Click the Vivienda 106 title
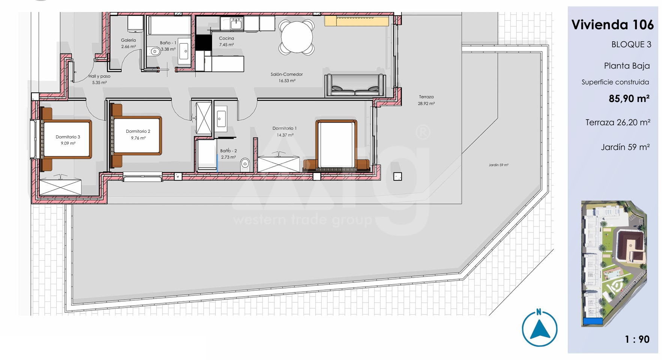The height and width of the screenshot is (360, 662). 612,25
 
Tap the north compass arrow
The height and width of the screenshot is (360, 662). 540,329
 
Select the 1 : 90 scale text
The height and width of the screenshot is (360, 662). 637,339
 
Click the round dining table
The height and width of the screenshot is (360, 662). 296,37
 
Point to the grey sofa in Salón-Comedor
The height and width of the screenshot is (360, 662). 355,85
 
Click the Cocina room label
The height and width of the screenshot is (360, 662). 226,38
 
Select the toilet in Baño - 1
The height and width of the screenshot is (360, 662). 154,51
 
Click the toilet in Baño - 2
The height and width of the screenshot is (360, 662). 245,163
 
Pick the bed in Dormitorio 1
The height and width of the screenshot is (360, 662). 337,145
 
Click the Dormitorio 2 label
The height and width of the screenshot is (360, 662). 138,131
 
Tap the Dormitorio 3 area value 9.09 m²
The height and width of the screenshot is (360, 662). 68,143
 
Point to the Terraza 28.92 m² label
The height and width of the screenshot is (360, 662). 426,100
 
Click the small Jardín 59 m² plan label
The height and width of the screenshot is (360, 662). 498,165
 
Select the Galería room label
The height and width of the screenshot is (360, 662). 128,40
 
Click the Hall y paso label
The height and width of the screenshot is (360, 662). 99,76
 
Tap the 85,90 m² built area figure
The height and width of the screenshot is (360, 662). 629,99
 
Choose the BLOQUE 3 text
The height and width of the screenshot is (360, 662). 631,45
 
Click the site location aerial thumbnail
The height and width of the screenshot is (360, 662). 614,264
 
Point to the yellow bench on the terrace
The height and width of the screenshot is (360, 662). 357,21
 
